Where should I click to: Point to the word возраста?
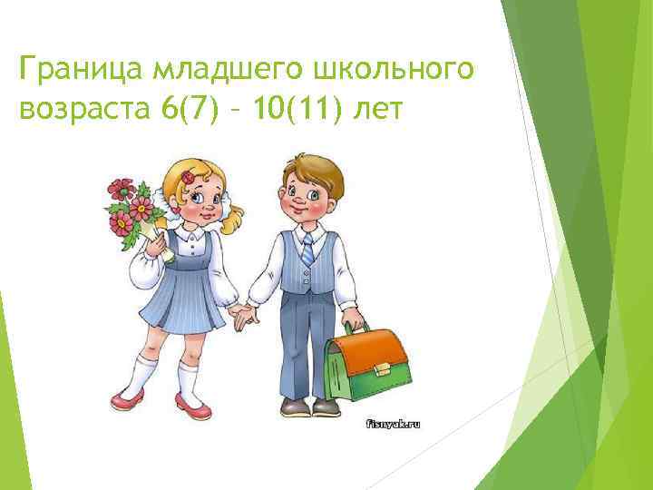click(x=83, y=111)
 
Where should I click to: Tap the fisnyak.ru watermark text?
click(x=394, y=423)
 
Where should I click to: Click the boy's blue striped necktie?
click(x=308, y=250)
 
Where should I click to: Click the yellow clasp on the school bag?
click(x=382, y=368)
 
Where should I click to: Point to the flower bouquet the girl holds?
click(x=130, y=211)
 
